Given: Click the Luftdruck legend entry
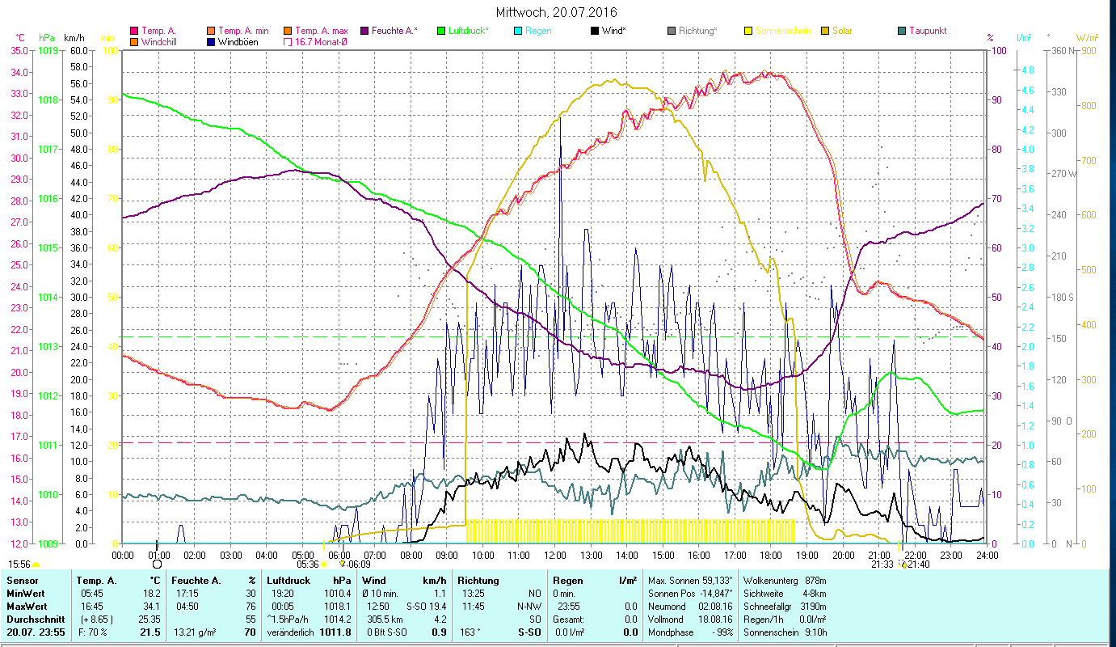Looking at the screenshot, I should click(x=468, y=31).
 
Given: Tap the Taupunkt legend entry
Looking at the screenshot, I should click(x=927, y=31).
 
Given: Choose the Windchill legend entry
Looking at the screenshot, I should click(x=162, y=41).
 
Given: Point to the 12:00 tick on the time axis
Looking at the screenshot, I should click(x=555, y=555).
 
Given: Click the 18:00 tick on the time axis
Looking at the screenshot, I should click(x=771, y=555).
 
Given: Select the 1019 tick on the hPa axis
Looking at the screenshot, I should click(x=48, y=50).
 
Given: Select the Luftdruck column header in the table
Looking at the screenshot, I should click(x=288, y=581).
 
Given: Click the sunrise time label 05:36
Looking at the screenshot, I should click(x=307, y=565).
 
